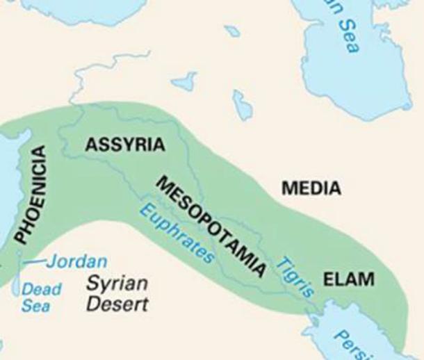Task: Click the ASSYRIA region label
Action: pyautogui.click(x=125, y=145)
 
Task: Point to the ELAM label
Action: pyautogui.click(x=349, y=280)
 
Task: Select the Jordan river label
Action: pyautogui.click(x=77, y=262)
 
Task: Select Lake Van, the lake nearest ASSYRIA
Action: pyautogui.click(x=184, y=81)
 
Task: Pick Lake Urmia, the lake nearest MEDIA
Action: pyautogui.click(x=242, y=104)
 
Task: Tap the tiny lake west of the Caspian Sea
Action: pyautogui.click(x=232, y=31)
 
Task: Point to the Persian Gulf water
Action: pyautogui.click(x=334, y=334)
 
